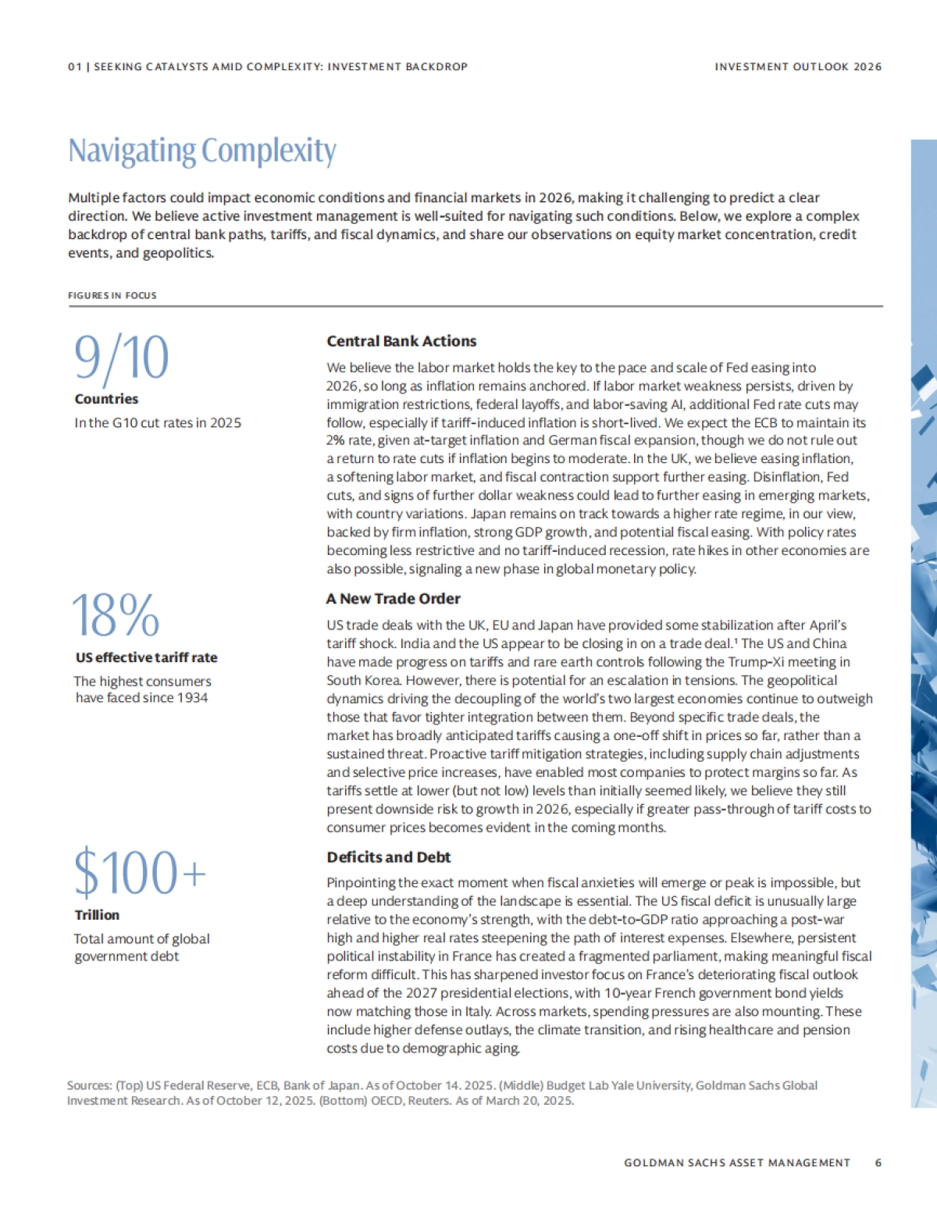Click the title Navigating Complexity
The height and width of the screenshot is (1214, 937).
pyautogui.click(x=202, y=151)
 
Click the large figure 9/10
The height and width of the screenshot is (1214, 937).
pyautogui.click(x=122, y=358)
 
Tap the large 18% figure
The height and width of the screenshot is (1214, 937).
pyautogui.click(x=116, y=615)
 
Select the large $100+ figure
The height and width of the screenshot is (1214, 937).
pyautogui.click(x=141, y=872)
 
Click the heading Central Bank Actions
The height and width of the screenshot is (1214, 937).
pyautogui.click(x=401, y=341)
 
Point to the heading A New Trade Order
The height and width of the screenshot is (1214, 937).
pyautogui.click(x=394, y=599)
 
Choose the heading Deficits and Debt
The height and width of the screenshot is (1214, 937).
pyautogui.click(x=389, y=857)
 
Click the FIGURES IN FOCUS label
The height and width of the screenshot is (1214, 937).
pyautogui.click(x=112, y=296)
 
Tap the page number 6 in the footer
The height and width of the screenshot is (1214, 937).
pyautogui.click(x=878, y=1162)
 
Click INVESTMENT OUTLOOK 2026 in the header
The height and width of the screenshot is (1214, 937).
pyautogui.click(x=798, y=67)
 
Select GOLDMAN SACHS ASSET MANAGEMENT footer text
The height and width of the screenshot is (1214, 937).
pyautogui.click(x=736, y=1162)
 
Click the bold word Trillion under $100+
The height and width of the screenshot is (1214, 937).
pyautogui.click(x=97, y=915)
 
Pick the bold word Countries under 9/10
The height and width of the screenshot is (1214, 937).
pyautogui.click(x=106, y=399)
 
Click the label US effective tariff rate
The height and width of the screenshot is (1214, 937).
pyautogui.click(x=146, y=657)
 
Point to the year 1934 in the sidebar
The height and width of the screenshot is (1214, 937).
pyautogui.click(x=193, y=698)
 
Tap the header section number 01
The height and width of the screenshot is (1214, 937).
pyautogui.click(x=74, y=67)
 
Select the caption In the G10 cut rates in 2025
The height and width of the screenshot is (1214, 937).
pyautogui.click(x=158, y=423)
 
